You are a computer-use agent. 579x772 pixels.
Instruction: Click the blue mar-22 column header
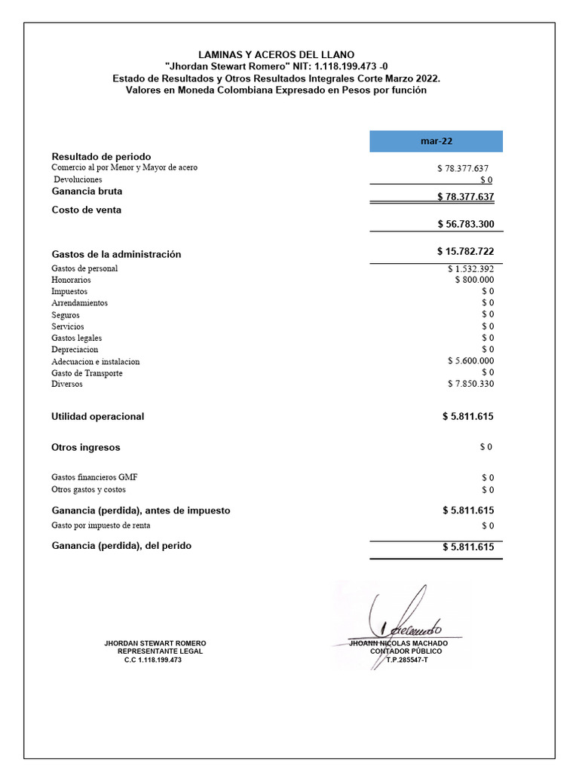click(436, 141)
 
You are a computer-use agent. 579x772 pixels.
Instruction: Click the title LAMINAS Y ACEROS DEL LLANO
click(276, 55)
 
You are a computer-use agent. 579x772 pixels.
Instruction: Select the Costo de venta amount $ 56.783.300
click(465, 224)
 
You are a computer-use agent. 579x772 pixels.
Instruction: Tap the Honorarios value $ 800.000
click(474, 280)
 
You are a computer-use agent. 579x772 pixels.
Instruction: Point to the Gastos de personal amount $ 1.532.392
click(470, 268)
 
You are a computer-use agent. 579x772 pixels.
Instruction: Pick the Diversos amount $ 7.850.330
click(470, 384)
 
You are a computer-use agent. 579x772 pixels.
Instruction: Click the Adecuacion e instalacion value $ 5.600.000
click(470, 361)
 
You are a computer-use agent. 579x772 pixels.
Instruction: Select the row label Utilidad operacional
click(97, 416)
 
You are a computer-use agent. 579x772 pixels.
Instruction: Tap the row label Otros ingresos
click(85, 447)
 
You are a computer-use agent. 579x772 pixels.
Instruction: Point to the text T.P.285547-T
click(406, 660)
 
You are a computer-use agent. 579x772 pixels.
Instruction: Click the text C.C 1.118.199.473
click(153, 660)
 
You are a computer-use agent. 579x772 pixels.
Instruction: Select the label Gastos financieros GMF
click(94, 477)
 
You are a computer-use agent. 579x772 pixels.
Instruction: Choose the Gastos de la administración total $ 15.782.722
click(465, 251)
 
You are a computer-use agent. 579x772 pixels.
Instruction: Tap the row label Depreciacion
click(75, 350)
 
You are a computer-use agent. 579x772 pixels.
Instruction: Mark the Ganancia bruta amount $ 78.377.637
click(465, 197)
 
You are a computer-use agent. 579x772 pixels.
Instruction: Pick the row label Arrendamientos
click(79, 303)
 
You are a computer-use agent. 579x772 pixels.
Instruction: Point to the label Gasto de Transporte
click(87, 373)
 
